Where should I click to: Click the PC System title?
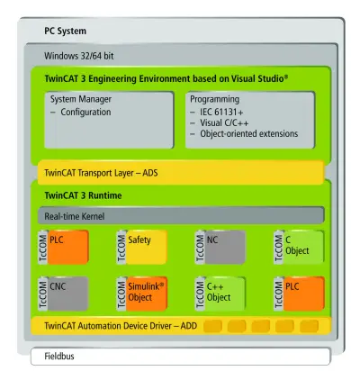[x=65, y=31]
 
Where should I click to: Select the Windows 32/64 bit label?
[x=79, y=56]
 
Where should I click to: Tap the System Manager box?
[x=109, y=120]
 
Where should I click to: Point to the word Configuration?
[x=85, y=112]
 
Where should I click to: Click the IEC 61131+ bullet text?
[x=221, y=112]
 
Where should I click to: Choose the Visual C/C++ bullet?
[x=224, y=122]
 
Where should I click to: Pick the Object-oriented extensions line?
[x=249, y=133]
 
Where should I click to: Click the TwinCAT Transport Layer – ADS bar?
[x=181, y=173]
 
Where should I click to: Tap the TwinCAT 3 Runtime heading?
[x=83, y=195]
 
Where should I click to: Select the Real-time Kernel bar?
[x=181, y=215]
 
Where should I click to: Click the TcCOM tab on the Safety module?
[x=121, y=247]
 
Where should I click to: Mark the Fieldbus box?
[x=181, y=357]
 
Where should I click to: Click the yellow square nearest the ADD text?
[x=212, y=326]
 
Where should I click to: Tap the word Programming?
[x=215, y=99]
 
